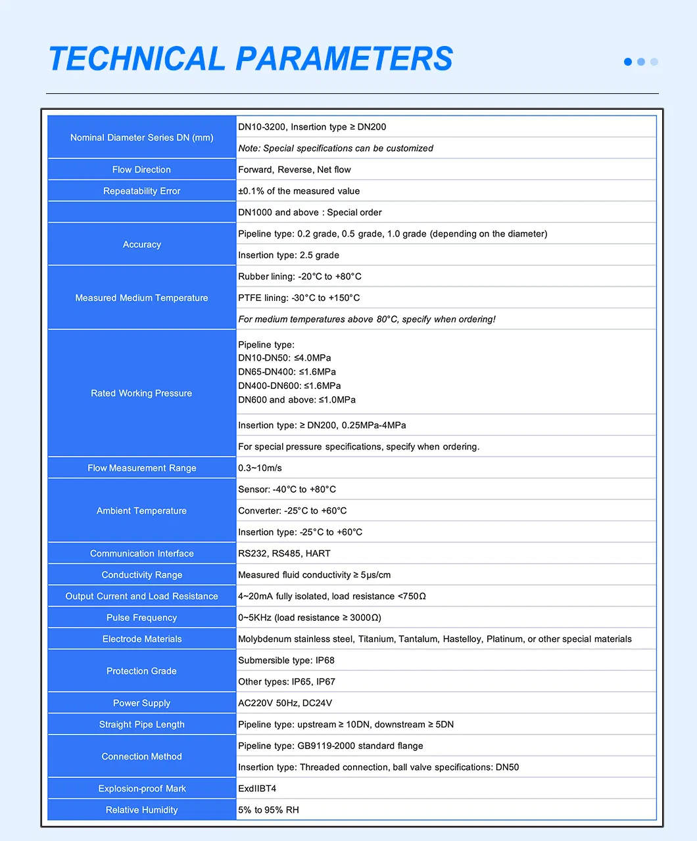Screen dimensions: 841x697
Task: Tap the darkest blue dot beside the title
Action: (628, 62)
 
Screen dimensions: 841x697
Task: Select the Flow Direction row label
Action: (141, 170)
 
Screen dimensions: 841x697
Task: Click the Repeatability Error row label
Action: (141, 191)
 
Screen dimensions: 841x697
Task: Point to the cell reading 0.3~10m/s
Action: (260, 468)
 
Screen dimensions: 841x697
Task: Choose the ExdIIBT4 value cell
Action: (257, 788)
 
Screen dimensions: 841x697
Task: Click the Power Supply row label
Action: (141, 703)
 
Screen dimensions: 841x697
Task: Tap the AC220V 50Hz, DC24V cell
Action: (285, 703)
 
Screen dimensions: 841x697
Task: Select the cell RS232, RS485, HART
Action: (284, 553)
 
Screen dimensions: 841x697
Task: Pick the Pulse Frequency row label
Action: (141, 618)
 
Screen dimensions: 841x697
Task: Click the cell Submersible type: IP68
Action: (286, 660)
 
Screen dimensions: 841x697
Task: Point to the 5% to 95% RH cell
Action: (268, 810)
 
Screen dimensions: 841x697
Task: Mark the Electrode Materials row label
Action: (141, 639)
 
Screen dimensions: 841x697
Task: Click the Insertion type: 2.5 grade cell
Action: (289, 255)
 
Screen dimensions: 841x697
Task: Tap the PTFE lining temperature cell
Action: (299, 298)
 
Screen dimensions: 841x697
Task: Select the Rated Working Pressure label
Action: (141, 394)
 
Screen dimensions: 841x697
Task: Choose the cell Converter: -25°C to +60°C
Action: (293, 511)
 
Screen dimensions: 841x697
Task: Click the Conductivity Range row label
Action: (141, 575)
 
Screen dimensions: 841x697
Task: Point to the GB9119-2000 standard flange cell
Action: (331, 746)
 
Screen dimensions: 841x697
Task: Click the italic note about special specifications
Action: (335, 148)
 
